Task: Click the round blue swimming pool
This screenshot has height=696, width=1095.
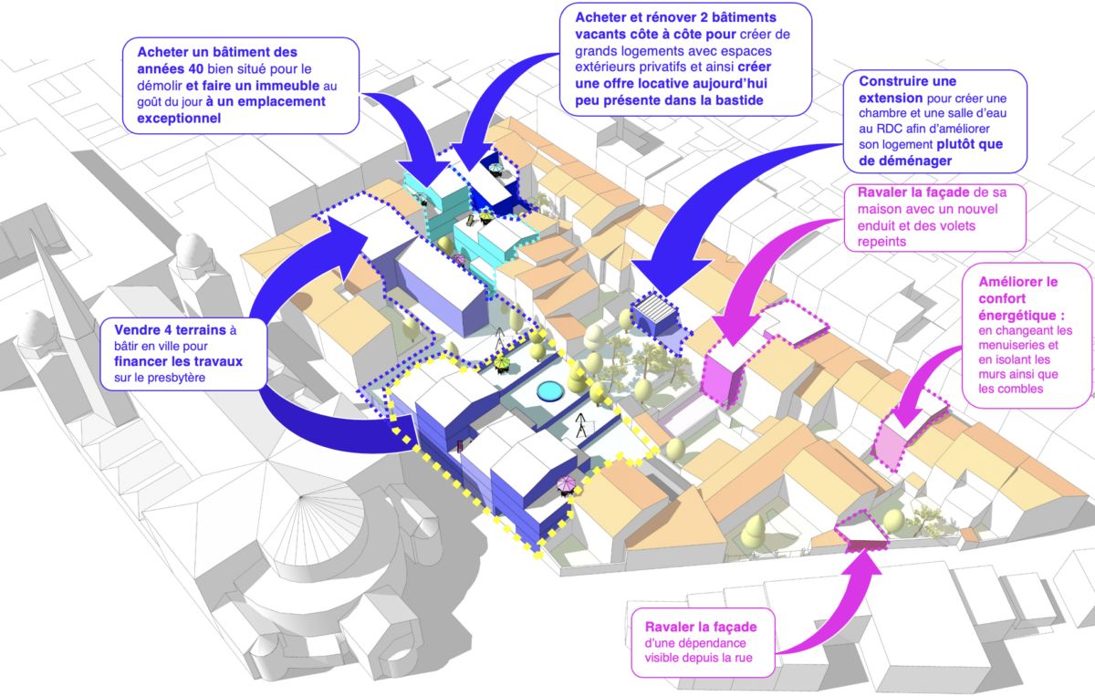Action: point(549,392)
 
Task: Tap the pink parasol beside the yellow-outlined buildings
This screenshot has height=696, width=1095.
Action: point(566,483)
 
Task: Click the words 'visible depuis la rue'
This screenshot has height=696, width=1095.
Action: point(698,657)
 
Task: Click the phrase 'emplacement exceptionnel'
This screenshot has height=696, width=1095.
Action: point(241,109)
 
